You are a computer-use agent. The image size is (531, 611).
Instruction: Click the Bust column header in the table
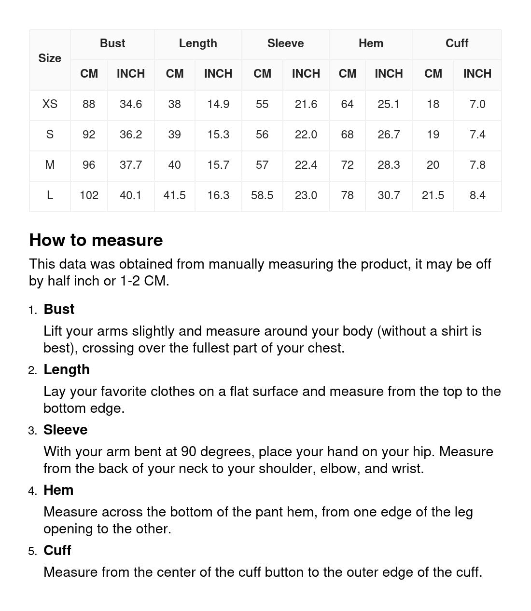point(112,43)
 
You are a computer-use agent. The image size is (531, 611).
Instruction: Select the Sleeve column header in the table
point(285,43)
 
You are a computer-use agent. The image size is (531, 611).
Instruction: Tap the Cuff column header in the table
point(457,43)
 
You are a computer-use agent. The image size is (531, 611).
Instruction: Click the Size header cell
point(50,58)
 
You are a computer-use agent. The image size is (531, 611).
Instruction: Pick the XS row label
point(50,104)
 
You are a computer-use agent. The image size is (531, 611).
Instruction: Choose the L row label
point(50,195)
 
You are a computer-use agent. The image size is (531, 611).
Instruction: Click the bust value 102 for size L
point(89,195)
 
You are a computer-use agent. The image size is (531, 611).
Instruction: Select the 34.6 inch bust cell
point(131,104)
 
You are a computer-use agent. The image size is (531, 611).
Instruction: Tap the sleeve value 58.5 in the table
point(262,195)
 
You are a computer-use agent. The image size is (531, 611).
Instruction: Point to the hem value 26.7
point(389,135)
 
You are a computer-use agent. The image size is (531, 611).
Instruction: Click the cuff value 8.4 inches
point(477,195)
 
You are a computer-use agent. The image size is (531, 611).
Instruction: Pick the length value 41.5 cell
point(174,195)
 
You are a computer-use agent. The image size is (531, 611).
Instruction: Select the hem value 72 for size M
point(347,165)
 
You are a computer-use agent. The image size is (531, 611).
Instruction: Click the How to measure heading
point(96,240)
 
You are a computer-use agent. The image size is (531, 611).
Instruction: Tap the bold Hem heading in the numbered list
point(58,490)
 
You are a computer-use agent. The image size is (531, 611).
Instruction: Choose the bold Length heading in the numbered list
point(67,369)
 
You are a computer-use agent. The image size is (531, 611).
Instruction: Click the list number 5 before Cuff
point(32,551)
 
